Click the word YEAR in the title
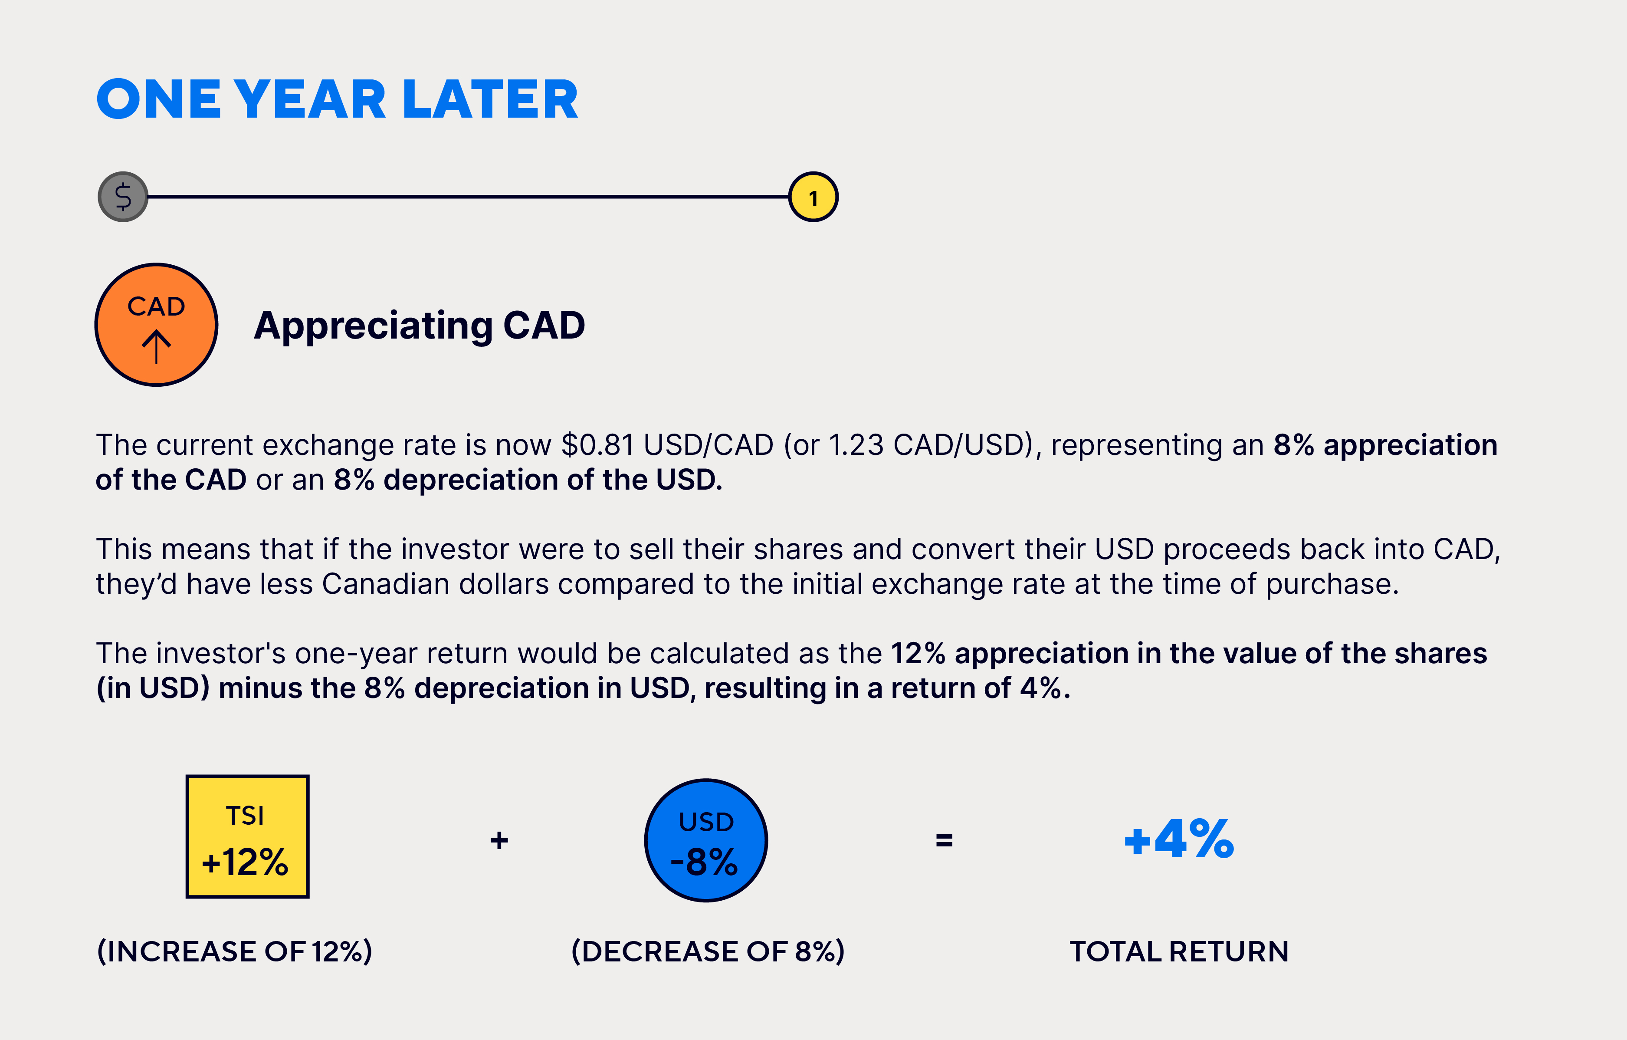[x=311, y=99]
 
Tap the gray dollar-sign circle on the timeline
[x=123, y=197]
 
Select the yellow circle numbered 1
[x=813, y=197]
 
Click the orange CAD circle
[x=156, y=325]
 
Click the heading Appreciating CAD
[x=420, y=326]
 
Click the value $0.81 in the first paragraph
[x=597, y=445]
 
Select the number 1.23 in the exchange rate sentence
[x=856, y=445]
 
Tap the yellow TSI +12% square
[x=247, y=836]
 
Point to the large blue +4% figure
[x=1179, y=839]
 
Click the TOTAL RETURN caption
[x=1179, y=951]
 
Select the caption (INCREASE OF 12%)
[x=234, y=951]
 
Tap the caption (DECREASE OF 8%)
[x=708, y=951]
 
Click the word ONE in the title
[x=159, y=99]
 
